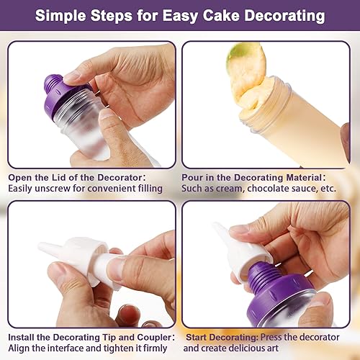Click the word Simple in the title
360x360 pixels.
click(x=60, y=16)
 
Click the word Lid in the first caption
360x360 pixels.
click(x=59, y=178)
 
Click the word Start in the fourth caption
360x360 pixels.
click(x=197, y=337)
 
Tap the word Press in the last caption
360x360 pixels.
click(x=271, y=337)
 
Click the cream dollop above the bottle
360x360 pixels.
click(x=247, y=72)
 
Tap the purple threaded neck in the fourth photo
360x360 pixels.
click(x=262, y=276)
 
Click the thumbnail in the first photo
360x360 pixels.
click(x=106, y=114)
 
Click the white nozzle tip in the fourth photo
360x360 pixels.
click(x=219, y=229)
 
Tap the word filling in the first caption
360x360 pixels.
click(x=150, y=189)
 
